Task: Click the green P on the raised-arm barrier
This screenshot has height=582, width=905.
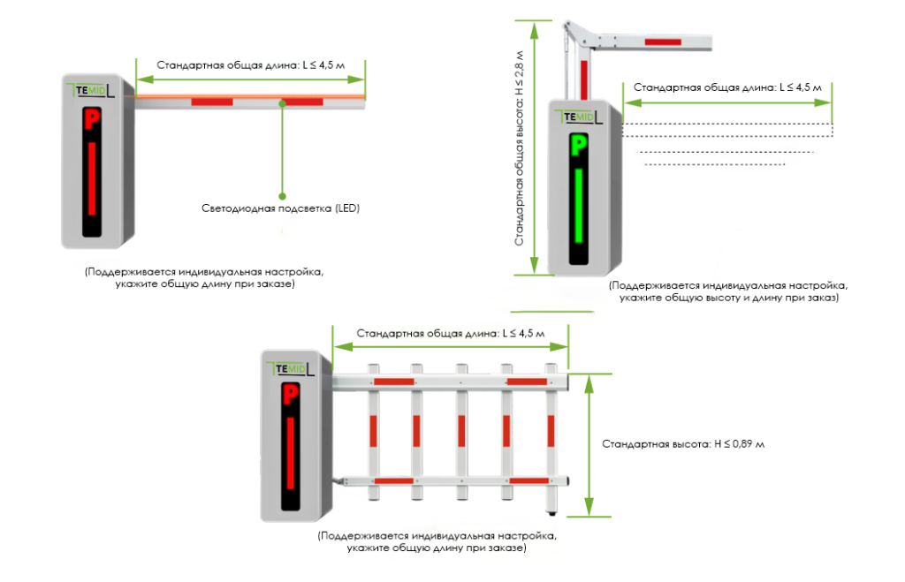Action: (578, 146)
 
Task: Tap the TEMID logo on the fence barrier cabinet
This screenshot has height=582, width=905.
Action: (290, 369)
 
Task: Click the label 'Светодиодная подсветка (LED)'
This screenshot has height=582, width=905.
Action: (280, 208)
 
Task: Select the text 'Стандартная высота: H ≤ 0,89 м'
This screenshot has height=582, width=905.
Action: (683, 444)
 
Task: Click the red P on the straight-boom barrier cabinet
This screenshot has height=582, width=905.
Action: (92, 121)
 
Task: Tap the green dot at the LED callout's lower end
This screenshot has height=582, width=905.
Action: (282, 196)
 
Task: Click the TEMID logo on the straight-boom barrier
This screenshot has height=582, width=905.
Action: (91, 91)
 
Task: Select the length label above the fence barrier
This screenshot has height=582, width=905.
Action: (450, 334)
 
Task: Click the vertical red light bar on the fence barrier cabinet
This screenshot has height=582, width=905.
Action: (290, 453)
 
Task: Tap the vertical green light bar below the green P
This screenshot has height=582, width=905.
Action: (578, 206)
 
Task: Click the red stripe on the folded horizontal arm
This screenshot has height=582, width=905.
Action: (663, 42)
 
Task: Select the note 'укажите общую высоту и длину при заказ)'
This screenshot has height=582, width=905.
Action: (729, 298)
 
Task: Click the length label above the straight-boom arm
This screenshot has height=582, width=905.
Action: (250, 65)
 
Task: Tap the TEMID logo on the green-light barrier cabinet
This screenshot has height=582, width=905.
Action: (578, 117)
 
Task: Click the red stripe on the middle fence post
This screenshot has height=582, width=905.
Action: (461, 431)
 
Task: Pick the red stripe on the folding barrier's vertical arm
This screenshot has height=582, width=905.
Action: (584, 79)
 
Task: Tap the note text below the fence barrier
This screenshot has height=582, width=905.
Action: (437, 541)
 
